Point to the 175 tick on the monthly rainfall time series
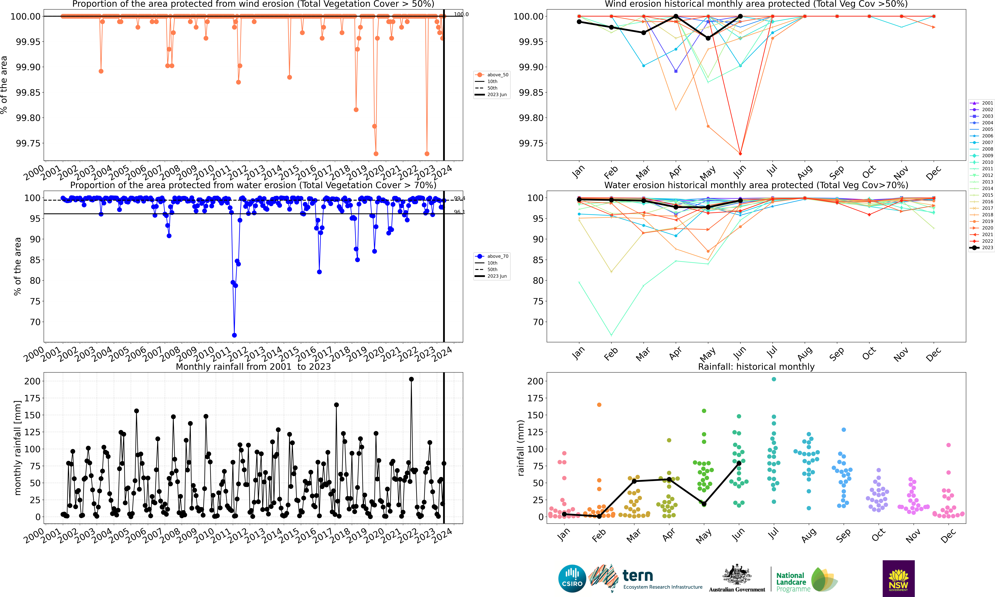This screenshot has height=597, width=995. [32, 398]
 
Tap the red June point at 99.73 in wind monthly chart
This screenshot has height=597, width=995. [740, 154]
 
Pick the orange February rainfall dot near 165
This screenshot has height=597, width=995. [599, 405]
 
